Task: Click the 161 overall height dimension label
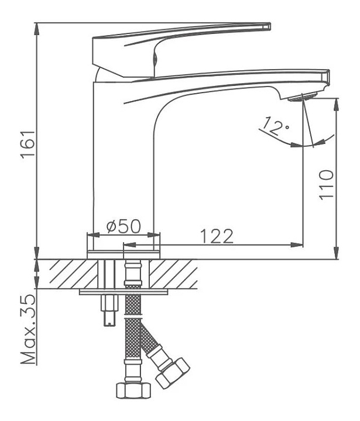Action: coord(28,144)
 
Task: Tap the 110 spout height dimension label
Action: coord(326,185)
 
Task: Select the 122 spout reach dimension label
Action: coord(217,236)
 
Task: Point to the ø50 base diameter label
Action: coord(124,226)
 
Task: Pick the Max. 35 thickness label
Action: coord(29,329)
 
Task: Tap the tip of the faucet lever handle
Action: coord(269,26)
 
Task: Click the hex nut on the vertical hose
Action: coord(133,390)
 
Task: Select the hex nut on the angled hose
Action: coord(172,372)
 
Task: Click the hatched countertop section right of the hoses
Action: coord(173,274)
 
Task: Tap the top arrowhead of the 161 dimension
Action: coord(37,29)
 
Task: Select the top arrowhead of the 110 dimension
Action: coord(336,104)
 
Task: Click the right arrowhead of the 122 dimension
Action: coord(297,244)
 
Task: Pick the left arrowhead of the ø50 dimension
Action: coord(92,234)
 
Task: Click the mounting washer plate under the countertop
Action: coord(124,292)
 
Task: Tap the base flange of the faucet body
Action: coord(124,255)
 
